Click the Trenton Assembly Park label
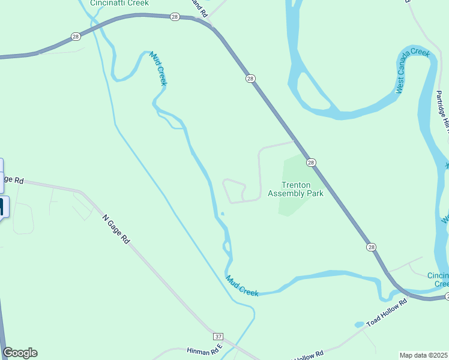coord(295,190)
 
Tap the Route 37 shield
coord(218,336)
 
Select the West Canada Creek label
coord(413,71)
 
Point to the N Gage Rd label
coord(116,229)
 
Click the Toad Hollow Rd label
coord(387,311)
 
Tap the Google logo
coord(20,353)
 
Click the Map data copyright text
coord(424,355)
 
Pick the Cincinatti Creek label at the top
coord(119,3)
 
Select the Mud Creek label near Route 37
coord(242,286)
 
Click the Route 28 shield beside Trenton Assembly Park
coord(310,163)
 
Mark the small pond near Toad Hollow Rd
coord(359,325)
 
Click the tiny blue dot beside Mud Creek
coord(222,214)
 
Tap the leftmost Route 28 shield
coord(75,37)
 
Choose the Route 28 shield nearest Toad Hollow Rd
coord(372,247)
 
